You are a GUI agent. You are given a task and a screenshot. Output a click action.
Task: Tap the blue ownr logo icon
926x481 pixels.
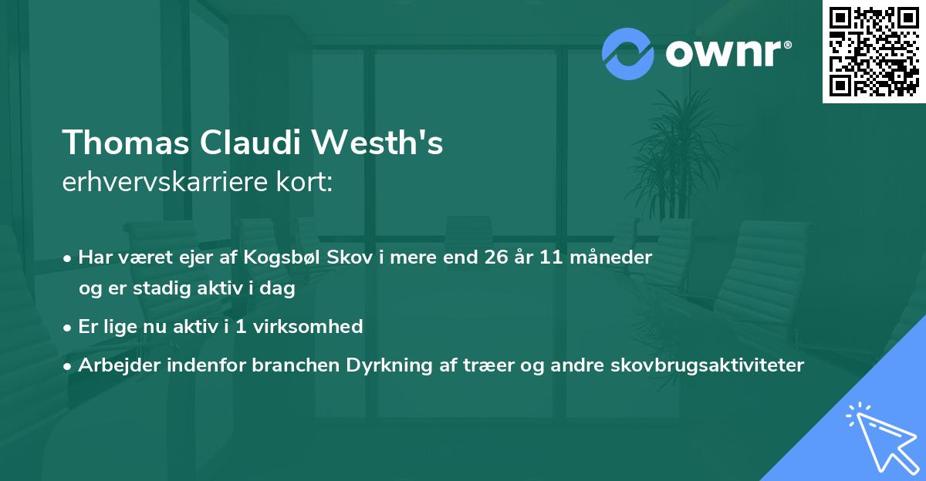tap(627, 52)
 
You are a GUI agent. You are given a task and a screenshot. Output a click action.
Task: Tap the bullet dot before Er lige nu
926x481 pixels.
tap(69, 328)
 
